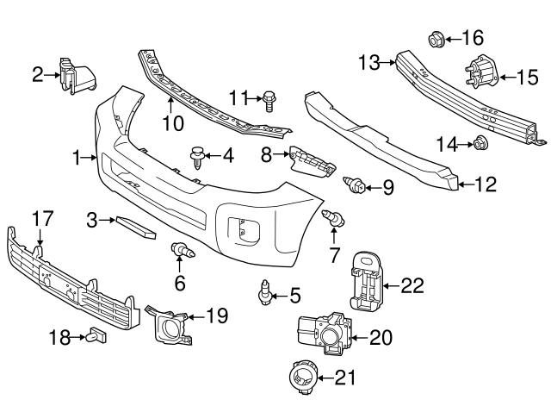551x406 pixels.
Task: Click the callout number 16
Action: pos(473,38)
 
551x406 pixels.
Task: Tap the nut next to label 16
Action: pos(436,38)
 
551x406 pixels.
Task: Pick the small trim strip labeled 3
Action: pos(136,225)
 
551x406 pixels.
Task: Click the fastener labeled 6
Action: pos(183,251)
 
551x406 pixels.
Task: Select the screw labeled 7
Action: pos(333,219)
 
